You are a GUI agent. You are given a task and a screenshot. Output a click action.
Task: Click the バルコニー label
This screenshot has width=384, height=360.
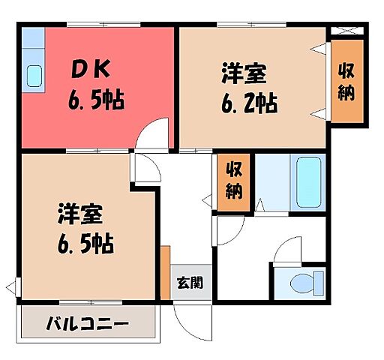pos(87,325)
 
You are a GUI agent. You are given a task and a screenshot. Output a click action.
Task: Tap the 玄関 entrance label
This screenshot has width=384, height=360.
pos(189,283)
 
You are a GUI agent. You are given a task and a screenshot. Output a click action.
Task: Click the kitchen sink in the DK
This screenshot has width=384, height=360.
pos(34,75)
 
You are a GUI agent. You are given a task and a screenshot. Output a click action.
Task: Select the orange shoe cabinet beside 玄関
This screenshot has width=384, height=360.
pos(164,271)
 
